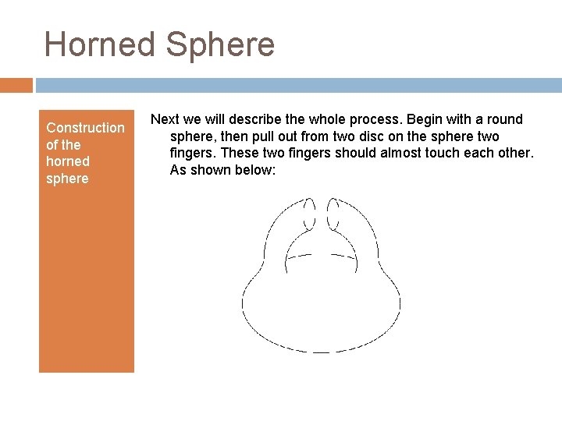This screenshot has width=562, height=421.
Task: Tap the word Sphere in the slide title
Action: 220,44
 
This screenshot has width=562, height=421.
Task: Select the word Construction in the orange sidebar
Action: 85,128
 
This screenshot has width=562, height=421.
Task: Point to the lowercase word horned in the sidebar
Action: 68,161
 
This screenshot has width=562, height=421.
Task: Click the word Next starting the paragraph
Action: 165,119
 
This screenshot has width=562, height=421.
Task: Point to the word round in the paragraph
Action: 505,119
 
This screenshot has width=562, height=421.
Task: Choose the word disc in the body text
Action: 371,136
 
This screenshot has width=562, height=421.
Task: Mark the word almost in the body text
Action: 411,153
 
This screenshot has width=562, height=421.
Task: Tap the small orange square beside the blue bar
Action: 16,84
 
